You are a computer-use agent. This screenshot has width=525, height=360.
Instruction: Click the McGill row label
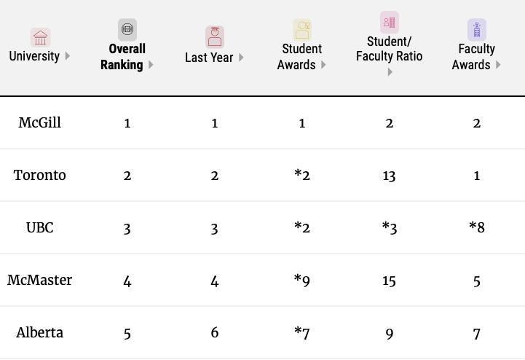[x=39, y=122]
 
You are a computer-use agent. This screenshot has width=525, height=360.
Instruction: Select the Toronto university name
[x=39, y=175]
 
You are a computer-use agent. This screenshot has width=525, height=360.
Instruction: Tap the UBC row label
[x=39, y=227]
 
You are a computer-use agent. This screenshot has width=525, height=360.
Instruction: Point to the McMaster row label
[x=39, y=280]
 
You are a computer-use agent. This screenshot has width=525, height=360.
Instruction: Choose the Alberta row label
[x=39, y=332]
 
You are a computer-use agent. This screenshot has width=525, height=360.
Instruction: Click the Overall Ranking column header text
[x=122, y=57]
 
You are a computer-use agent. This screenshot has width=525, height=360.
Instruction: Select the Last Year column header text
[x=209, y=57]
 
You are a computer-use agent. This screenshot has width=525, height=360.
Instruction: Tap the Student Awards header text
[x=301, y=57]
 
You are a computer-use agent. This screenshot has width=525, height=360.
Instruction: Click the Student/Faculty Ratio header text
[x=389, y=49]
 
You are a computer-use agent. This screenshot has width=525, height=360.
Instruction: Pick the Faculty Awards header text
[x=476, y=57]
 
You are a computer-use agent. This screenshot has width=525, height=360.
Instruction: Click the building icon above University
[x=40, y=37]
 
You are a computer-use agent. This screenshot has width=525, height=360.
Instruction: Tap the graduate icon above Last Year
[x=215, y=36]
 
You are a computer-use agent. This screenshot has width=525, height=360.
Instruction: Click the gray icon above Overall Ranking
[x=127, y=29]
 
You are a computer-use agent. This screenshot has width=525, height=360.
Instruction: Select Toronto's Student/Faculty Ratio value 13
[x=389, y=175]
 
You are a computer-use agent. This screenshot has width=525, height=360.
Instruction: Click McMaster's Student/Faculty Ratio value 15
[x=389, y=280]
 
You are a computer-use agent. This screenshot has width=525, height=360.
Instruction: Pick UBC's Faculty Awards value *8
[x=476, y=227]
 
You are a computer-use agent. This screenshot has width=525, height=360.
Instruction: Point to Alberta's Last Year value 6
[x=214, y=332]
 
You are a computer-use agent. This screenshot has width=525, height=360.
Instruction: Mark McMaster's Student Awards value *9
[x=301, y=280]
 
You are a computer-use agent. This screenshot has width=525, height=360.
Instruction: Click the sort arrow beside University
[x=68, y=56]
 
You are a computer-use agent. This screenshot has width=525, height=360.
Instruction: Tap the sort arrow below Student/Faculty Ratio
[x=390, y=71]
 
